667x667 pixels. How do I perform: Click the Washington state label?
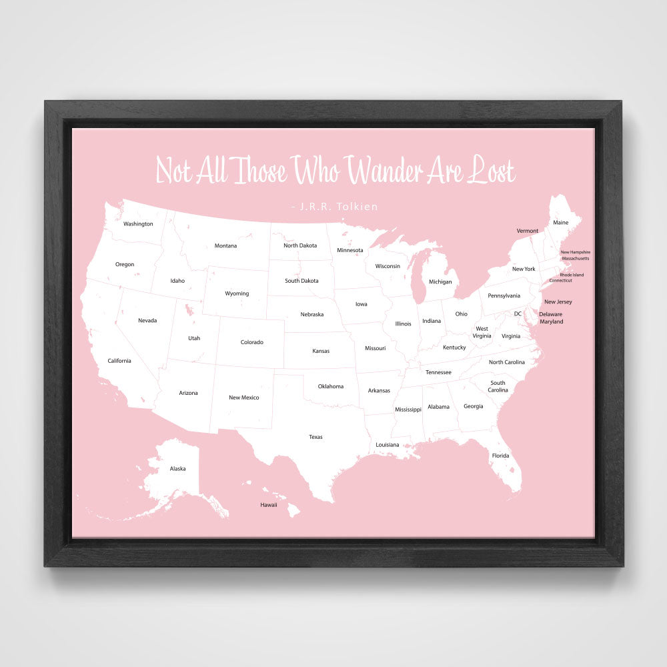click(138, 224)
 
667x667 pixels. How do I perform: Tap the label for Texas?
click(315, 437)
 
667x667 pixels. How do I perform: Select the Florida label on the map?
click(500, 456)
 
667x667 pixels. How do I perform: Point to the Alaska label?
click(177, 469)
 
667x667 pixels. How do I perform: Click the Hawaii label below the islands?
click(269, 505)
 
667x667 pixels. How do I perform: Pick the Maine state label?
click(561, 222)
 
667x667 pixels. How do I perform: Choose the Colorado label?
click(252, 342)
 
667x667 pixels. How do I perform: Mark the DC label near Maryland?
click(518, 313)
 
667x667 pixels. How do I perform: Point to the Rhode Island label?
click(572, 275)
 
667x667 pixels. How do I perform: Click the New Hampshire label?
click(575, 252)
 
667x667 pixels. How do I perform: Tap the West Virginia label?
click(482, 332)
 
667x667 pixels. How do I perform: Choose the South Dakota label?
click(301, 281)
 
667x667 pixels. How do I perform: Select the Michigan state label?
click(440, 281)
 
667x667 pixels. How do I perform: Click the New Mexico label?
click(243, 398)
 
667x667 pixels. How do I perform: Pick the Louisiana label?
click(388, 444)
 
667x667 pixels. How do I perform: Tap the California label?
click(119, 361)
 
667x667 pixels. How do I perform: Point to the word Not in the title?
click(173, 171)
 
